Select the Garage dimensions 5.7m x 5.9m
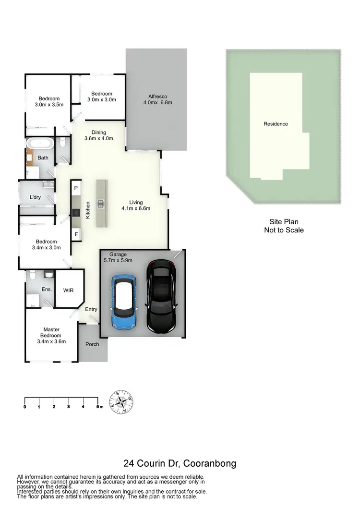pos(118,260)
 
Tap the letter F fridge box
pos(76,234)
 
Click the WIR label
pos(69,290)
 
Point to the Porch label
pos(92,344)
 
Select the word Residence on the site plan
pos(276,124)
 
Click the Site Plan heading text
pos(284,222)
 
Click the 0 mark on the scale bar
pos(24,407)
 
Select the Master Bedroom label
pos(51,332)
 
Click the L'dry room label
pos(35,197)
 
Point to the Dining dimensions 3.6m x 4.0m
pos(98,139)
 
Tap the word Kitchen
pos(88,210)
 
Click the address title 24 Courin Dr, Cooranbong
pos(180,464)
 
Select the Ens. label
pos(47,290)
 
